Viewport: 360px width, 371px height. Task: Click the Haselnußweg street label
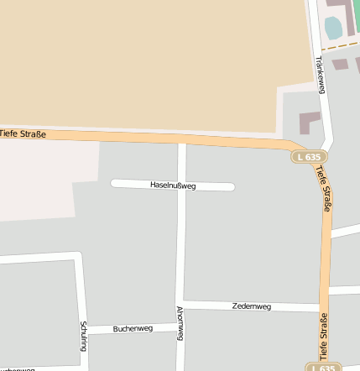pos(172,185)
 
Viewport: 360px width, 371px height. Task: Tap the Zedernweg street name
pos(252,307)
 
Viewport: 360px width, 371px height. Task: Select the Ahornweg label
pos(180,322)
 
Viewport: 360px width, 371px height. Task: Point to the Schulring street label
pos(83,336)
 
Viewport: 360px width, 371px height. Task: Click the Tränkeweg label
pos(320,74)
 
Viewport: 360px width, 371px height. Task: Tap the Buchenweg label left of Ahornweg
pos(133,329)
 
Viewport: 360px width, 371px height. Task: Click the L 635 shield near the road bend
pos(309,157)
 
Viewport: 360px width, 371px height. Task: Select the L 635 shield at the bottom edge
pos(322,367)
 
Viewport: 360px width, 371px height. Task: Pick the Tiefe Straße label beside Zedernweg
pos(325,336)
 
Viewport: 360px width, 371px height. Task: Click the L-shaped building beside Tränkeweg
pos(308,123)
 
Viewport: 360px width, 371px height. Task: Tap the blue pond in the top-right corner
pos(333,28)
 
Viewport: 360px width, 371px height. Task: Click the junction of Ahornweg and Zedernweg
pos(180,303)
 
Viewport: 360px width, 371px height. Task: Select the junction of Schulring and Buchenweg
pos(83,331)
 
